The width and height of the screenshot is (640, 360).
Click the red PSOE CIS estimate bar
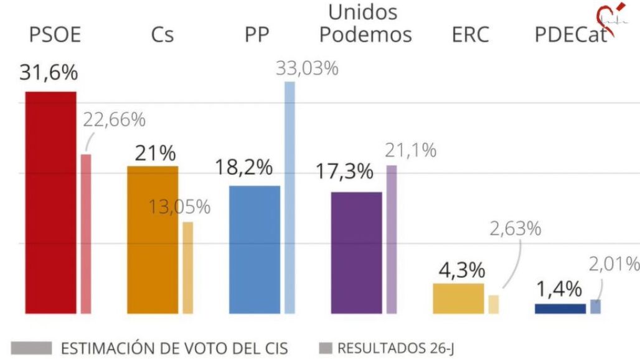click(x=50, y=202)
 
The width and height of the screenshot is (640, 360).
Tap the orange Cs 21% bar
click(x=153, y=240)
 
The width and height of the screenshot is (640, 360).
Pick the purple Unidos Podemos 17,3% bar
click(x=356, y=252)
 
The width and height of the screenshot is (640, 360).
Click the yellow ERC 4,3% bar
click(x=458, y=298)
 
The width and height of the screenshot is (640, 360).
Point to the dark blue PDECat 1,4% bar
click(x=560, y=308)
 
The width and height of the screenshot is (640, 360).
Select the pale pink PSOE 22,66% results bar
click(x=87, y=234)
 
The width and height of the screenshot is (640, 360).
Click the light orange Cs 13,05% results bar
click(x=187, y=267)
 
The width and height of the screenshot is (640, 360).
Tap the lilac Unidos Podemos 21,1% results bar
click(x=391, y=239)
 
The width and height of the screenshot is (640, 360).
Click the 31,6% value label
click(x=49, y=73)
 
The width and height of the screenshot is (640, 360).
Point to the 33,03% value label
click(x=307, y=69)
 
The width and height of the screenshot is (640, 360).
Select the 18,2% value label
click(x=244, y=168)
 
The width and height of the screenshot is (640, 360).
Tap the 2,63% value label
click(x=515, y=229)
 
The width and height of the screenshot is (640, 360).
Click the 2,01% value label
click(x=614, y=264)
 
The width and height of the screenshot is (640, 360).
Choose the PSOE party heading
click(x=55, y=35)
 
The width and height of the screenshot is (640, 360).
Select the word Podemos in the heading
click(x=365, y=35)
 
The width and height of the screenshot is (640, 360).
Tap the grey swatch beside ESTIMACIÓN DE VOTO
click(x=32, y=348)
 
